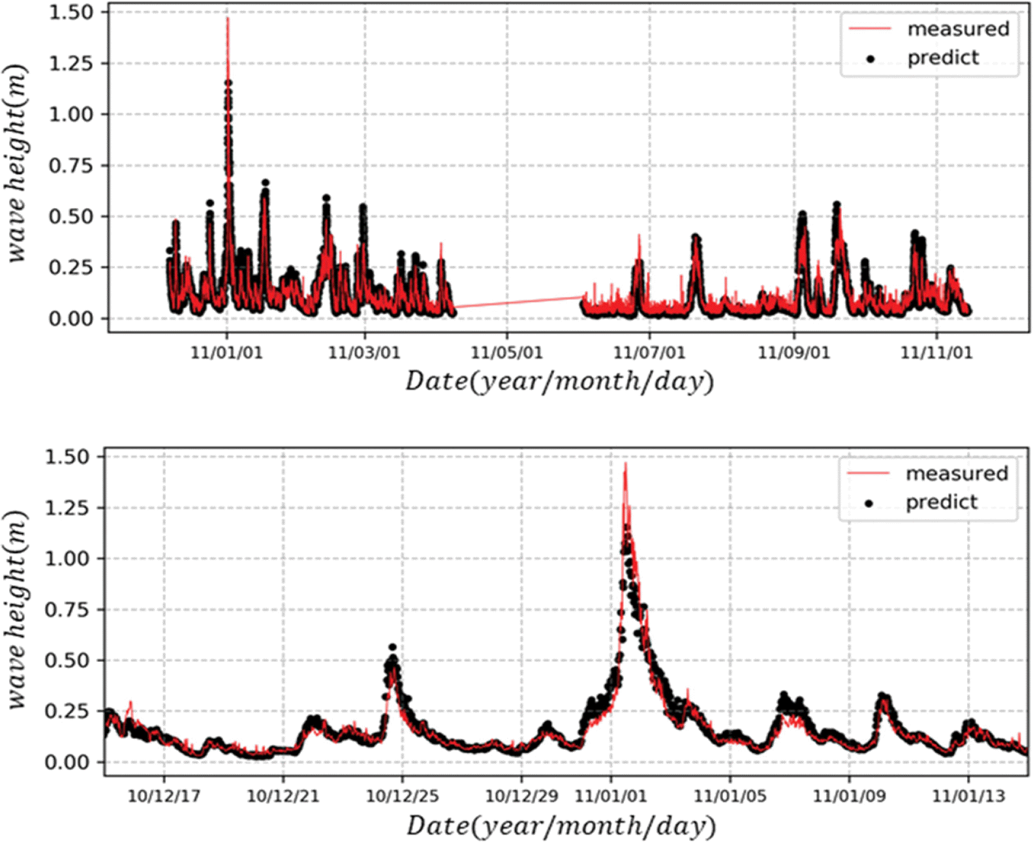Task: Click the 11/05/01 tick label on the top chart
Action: point(506,353)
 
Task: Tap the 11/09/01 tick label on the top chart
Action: point(794,353)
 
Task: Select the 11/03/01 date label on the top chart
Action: point(363,353)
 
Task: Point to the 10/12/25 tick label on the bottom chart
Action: point(402,796)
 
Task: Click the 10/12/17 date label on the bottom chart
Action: point(164,796)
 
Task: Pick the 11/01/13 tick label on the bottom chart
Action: point(968,796)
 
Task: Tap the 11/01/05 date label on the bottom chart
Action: point(730,796)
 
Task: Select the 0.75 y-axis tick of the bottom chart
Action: point(67,610)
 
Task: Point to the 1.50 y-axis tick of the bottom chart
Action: point(67,457)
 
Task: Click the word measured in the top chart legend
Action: point(958,29)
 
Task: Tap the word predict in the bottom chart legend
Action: point(942,502)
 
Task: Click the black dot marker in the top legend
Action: point(870,59)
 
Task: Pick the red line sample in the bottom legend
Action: point(868,473)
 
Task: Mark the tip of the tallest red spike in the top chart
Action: point(228,19)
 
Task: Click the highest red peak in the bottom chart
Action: point(625,464)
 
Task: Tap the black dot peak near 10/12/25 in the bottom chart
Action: point(392,648)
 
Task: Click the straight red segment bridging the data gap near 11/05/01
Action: point(519,301)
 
